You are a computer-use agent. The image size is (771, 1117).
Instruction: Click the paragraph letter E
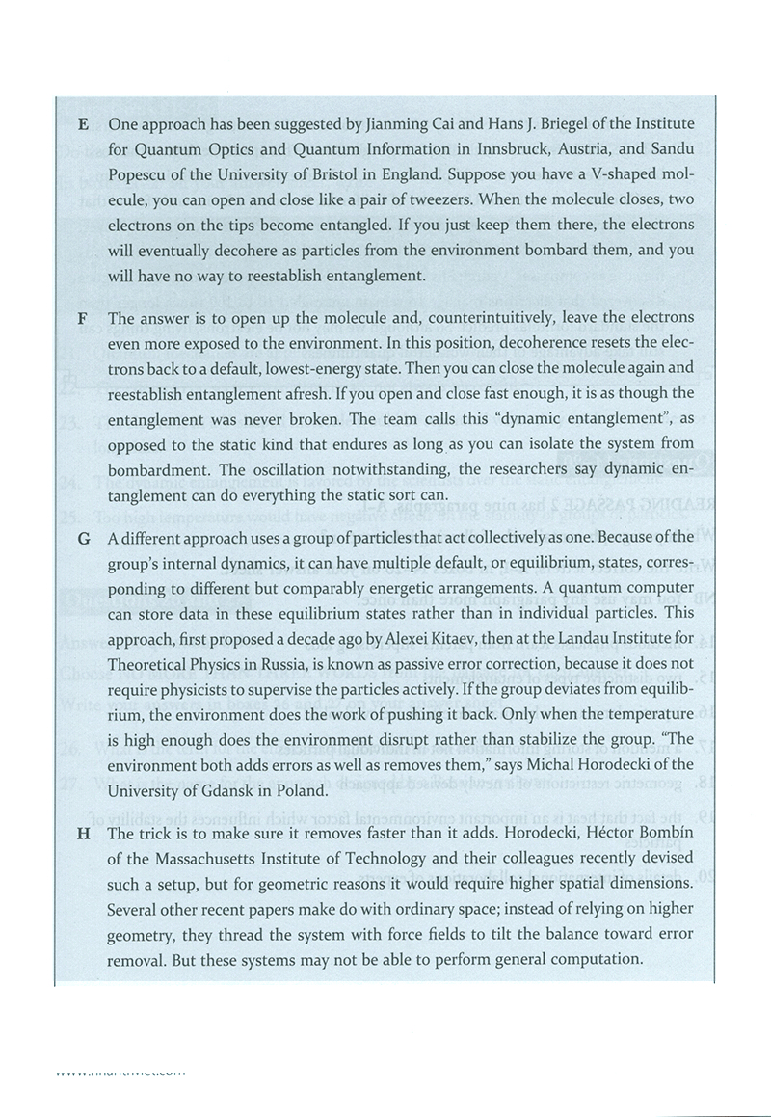pos(84,125)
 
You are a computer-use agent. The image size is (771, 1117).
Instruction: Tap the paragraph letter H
pos(84,834)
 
